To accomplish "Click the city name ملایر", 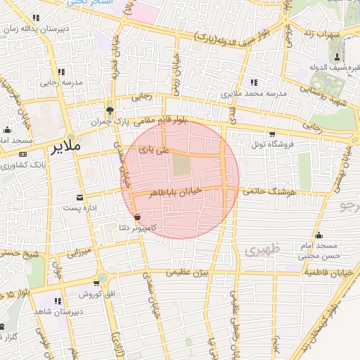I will point(66,147).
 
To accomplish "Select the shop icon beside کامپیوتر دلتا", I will point(136,217).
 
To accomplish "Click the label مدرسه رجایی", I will point(60,82).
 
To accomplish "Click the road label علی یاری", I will point(154,150).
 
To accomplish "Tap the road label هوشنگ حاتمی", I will point(270,191).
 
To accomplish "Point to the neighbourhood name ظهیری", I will point(263,250).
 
